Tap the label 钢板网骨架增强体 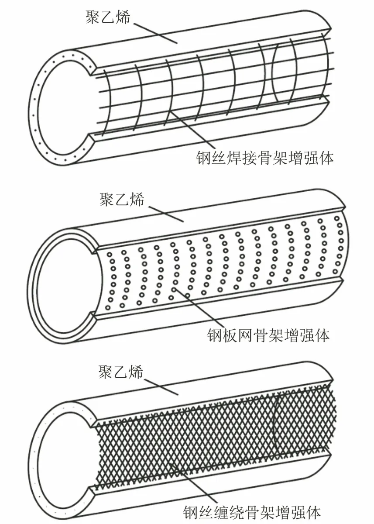268,335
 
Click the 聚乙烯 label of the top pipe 107,17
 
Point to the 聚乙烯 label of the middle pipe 122,199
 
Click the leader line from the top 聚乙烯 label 155,33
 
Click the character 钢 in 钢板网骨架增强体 215,335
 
